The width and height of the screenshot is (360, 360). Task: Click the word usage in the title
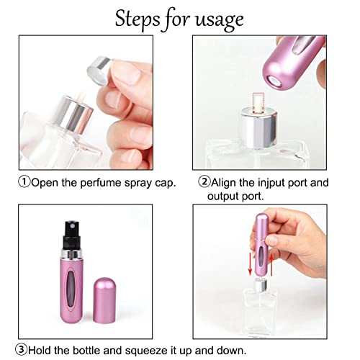point(220,19)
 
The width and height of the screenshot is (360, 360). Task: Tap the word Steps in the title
point(138,19)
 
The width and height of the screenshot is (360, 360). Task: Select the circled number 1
point(24,182)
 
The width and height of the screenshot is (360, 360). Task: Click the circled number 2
point(204,181)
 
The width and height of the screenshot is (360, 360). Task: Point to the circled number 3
point(22,349)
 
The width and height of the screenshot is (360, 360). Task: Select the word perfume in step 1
point(101,183)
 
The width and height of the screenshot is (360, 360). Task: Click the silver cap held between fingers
point(99,71)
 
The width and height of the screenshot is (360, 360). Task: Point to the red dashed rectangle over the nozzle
point(258,103)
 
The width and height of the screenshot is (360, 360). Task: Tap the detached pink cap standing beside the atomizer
point(104,300)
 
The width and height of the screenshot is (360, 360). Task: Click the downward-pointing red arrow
point(250,264)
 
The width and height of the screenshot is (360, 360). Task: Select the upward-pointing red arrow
point(271,265)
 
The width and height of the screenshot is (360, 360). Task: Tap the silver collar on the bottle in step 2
point(259,128)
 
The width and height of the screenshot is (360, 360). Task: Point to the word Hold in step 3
point(40,350)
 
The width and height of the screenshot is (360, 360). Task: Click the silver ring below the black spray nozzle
point(71,254)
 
